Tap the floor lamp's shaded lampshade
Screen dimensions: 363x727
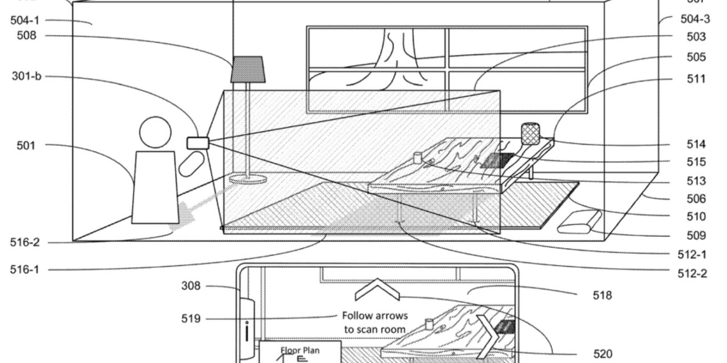(248, 69)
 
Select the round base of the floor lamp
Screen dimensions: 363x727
(248, 180)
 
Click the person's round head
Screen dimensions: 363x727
(155, 132)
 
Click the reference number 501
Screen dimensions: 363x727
(25, 146)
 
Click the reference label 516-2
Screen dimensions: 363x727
(25, 243)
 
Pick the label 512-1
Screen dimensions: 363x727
(692, 255)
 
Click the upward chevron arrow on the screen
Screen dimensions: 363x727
(377, 290)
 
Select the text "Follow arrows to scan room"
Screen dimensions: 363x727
(374, 322)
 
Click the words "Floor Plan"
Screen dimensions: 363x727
(300, 351)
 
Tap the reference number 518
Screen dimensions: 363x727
(602, 296)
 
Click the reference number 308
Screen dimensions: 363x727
(191, 286)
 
